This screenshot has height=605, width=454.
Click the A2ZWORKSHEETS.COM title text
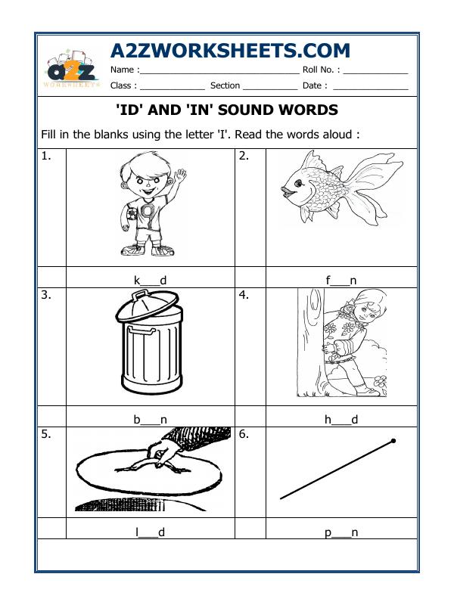230,51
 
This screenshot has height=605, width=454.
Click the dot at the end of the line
393,440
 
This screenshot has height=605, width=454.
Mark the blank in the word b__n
150,418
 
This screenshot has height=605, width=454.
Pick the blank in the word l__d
148,533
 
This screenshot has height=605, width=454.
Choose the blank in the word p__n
341,533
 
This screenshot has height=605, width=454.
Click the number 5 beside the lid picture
46,435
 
